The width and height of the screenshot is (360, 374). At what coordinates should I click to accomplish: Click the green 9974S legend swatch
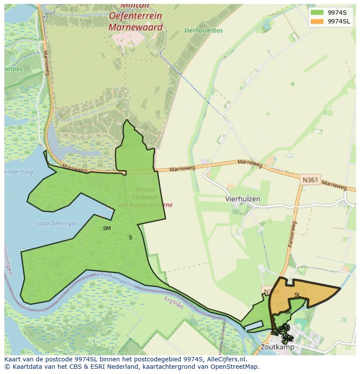tap(317, 13)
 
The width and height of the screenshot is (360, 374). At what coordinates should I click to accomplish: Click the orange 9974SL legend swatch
tap(317, 21)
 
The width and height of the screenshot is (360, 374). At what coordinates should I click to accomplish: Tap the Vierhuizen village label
tap(243, 199)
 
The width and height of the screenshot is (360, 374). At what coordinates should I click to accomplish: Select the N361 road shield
tap(310, 179)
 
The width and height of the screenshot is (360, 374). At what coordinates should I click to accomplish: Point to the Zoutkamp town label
tap(277, 347)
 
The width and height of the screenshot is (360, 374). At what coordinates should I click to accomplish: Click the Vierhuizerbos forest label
tap(203, 31)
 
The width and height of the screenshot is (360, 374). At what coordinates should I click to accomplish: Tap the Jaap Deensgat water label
tap(57, 224)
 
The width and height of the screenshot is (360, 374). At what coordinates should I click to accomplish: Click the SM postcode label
tap(107, 228)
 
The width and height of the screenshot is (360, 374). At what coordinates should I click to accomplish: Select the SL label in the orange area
tap(297, 295)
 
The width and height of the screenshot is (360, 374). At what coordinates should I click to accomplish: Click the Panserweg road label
tap(292, 235)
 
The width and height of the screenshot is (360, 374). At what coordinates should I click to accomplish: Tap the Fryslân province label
tap(174, 302)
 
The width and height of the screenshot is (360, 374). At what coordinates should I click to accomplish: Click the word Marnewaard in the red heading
tap(135, 27)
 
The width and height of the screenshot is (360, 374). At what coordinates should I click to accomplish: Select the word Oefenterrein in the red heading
tap(135, 16)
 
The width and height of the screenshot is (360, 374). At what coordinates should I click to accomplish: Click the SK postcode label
tap(288, 312)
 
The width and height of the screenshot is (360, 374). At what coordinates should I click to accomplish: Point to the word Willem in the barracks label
tap(145, 190)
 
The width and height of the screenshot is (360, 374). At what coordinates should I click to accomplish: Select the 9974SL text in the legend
tap(340, 21)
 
